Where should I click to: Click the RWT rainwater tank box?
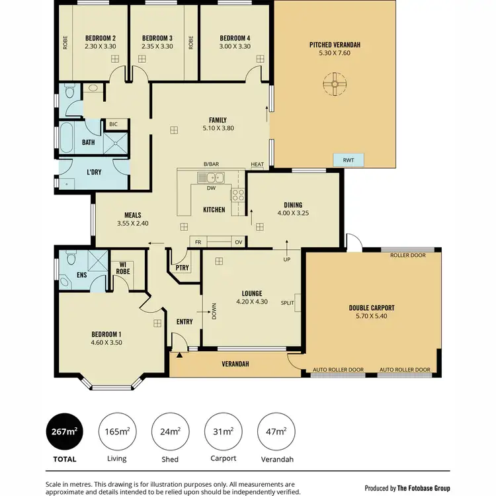[349, 159]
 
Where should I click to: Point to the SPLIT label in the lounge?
[288, 302]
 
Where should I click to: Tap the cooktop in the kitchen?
[237, 194]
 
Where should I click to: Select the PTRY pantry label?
[182, 268]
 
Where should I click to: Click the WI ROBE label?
[122, 267]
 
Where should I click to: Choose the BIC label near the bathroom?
[113, 124]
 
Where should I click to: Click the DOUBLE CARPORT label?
[372, 308]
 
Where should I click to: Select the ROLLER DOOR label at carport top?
[407, 255]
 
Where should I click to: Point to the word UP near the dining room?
[286, 259]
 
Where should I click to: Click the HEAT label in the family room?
[257, 165]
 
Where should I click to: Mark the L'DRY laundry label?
[94, 173]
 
